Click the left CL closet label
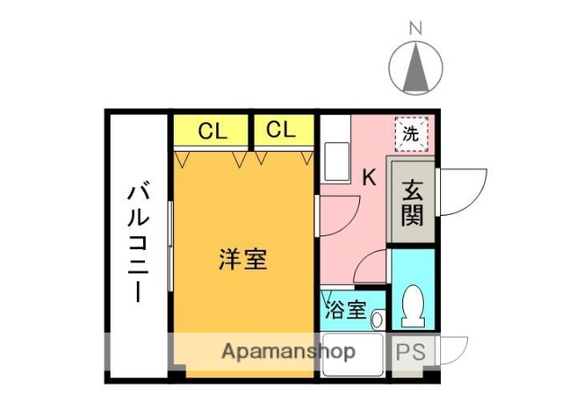pos(211,131)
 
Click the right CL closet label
pos(281,130)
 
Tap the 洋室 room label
pos(243,260)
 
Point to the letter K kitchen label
pos(369,177)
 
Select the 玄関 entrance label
pos(411,202)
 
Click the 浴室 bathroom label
pos(345,311)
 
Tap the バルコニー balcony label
pos(138,243)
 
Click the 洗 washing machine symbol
pos(409,136)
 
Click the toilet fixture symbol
pos(414,306)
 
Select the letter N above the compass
pos(415,28)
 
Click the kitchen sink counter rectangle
pos(336,161)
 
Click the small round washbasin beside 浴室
pos(378,316)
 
